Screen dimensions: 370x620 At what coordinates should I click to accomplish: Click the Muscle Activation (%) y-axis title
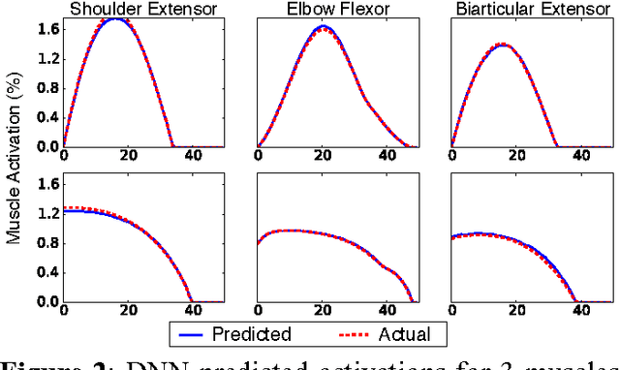point(13,161)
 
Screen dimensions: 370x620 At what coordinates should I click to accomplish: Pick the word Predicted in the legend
point(252,335)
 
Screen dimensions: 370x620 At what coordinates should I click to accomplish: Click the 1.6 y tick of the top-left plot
point(46,29)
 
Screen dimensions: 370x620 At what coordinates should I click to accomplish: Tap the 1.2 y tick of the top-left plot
point(46,59)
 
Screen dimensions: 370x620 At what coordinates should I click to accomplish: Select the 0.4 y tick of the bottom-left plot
point(46,272)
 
